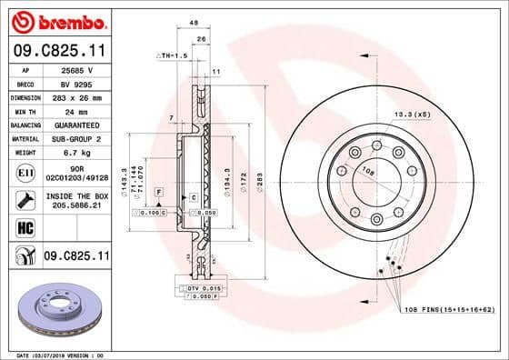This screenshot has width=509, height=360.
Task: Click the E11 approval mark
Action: (x=26, y=171)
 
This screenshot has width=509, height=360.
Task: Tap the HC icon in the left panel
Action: (x=26, y=227)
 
